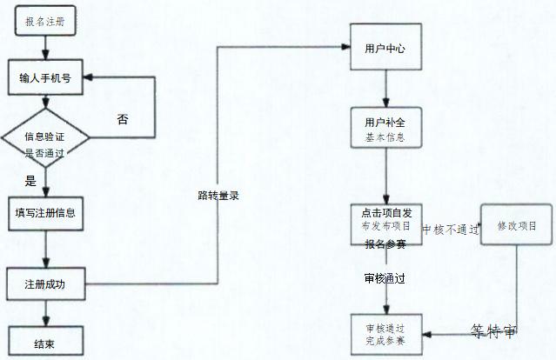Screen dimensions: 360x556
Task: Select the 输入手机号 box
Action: pyautogui.click(x=45, y=77)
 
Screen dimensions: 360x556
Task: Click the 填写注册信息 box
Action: pyautogui.click(x=45, y=213)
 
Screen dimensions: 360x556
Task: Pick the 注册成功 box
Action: pyautogui.click(x=45, y=284)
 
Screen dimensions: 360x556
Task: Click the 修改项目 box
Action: pyautogui.click(x=517, y=226)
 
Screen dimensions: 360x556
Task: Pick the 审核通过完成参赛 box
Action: pyautogui.click(x=385, y=334)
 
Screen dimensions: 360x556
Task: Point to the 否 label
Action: pyautogui.click(x=123, y=119)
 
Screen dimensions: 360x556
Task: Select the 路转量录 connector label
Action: pyautogui.click(x=218, y=196)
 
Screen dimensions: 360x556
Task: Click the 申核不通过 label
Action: pyautogui.click(x=450, y=230)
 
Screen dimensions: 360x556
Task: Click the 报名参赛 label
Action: pyautogui.click(x=385, y=244)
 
